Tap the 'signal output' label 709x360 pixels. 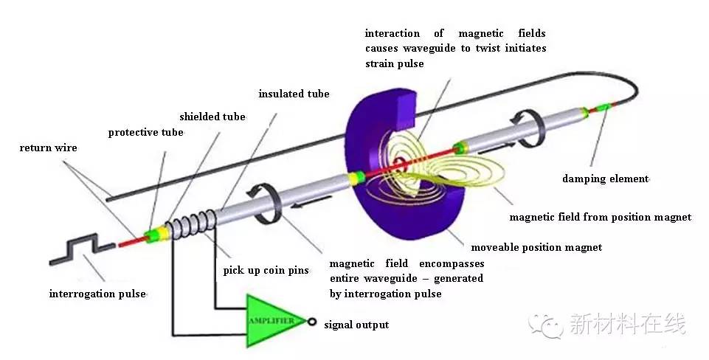coord(356,325)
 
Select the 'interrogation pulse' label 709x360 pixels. coord(97,294)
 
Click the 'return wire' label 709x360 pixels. coord(48,148)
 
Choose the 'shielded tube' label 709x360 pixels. coord(212,117)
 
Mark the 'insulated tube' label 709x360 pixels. coord(294,94)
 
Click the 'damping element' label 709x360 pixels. coord(605,179)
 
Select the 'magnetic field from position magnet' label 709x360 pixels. coord(601,217)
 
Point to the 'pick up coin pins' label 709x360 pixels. coord(266,271)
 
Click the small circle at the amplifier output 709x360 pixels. coord(313,322)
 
